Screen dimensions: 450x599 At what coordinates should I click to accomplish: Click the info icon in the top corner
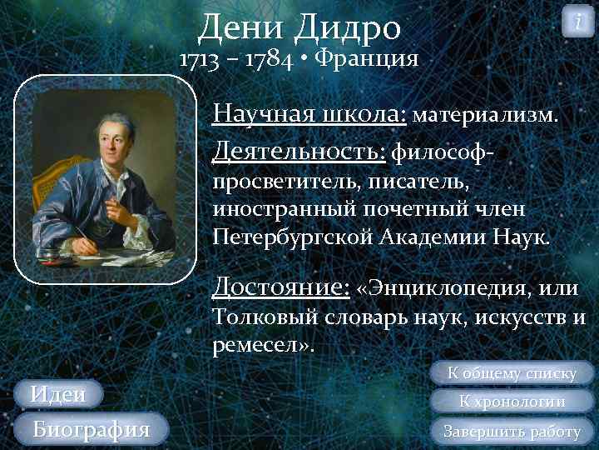(x=578, y=20)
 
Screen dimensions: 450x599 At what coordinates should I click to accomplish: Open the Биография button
(x=91, y=429)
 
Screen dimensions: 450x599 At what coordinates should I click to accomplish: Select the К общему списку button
(x=512, y=372)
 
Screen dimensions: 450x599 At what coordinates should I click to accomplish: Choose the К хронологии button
(x=512, y=402)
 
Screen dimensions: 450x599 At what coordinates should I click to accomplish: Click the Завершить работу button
(x=512, y=431)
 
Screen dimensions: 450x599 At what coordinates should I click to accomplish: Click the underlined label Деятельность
(x=299, y=151)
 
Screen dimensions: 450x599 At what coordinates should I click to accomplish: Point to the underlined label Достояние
(x=280, y=287)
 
